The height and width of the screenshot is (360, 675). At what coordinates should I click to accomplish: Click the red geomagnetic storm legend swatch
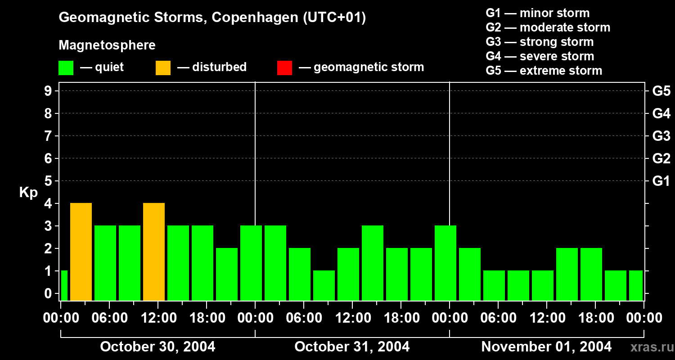284,67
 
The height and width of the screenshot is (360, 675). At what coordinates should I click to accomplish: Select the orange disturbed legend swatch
163,67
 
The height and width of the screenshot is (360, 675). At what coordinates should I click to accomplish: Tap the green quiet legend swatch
66,67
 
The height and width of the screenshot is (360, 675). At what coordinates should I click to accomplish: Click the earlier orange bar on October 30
81,252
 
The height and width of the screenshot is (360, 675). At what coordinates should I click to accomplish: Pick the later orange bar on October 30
154,252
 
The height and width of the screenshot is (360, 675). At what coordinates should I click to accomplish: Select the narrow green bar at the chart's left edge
64,285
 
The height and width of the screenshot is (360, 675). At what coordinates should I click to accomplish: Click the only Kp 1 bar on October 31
324,285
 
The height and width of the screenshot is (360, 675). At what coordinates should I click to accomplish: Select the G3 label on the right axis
661,136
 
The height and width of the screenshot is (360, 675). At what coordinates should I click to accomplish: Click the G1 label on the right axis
661,181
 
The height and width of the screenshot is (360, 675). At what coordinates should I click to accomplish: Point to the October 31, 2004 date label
352,346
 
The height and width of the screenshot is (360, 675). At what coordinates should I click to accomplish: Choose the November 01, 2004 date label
546,346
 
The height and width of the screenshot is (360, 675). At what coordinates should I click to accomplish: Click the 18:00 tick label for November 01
595,318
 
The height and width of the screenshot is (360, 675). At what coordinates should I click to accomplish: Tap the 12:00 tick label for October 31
352,318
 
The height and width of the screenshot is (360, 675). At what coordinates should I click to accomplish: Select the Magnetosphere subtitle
107,45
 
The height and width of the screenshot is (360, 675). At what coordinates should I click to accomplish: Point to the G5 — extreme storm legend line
544,71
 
